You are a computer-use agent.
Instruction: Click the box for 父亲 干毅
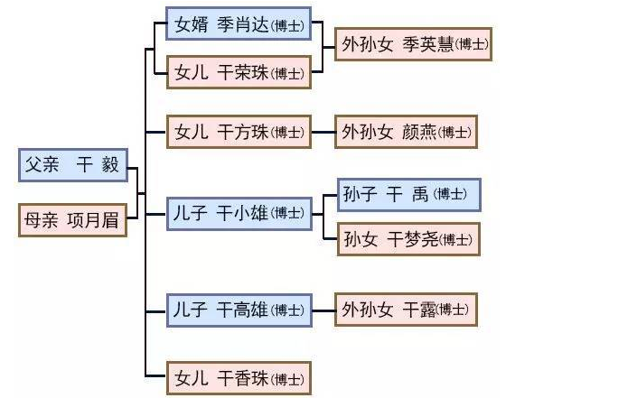73,165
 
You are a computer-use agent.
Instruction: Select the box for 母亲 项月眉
73,220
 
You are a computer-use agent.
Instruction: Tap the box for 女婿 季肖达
239,24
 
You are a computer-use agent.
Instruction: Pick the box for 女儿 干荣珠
239,72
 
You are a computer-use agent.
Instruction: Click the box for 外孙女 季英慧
413,44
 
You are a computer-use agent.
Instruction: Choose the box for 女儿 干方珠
239,132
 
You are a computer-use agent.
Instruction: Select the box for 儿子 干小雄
239,213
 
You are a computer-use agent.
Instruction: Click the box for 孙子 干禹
408,194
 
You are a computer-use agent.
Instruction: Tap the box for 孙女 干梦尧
408,239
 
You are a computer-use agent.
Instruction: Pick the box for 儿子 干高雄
239,310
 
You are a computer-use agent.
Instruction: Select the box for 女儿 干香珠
239,376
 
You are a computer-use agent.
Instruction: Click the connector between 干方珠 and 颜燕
323,132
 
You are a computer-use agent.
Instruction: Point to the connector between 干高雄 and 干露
323,310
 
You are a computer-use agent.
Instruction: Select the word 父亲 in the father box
43,165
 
